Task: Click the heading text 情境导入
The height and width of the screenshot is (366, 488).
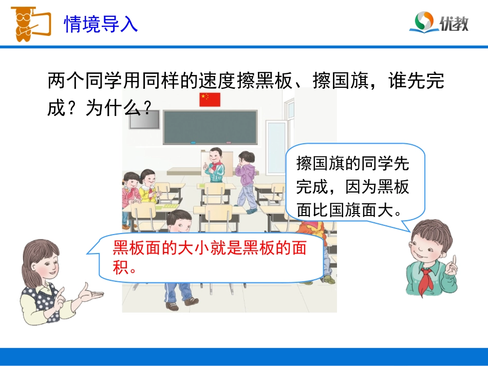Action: tap(101, 24)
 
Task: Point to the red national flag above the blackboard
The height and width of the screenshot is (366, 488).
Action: tap(210, 99)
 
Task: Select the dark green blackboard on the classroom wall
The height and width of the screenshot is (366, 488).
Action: tap(210, 127)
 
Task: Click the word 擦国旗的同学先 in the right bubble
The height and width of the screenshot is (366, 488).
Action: tap(352, 164)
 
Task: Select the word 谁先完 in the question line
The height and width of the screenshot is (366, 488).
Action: tap(416, 81)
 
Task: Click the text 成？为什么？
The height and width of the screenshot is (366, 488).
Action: tap(100, 108)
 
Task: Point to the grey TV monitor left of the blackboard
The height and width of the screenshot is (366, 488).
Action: tap(143, 119)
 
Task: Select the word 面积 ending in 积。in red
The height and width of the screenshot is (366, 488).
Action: tap(124, 267)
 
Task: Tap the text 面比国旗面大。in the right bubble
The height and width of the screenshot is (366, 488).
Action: tap(352, 210)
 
